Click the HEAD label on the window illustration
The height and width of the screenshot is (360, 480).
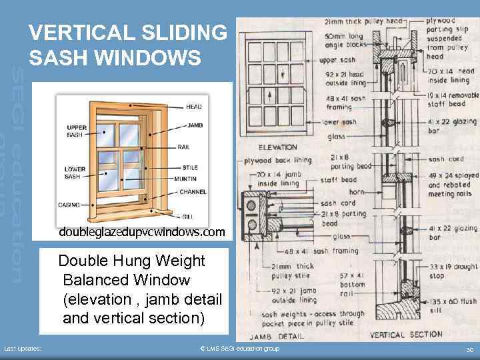coord(194,107)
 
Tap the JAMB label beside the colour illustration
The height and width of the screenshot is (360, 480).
coord(195,125)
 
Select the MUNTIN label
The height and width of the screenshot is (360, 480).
coord(186,179)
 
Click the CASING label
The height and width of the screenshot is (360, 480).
coord(69,205)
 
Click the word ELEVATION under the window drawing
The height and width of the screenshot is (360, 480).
coord(278,148)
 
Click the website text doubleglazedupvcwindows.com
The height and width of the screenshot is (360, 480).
coord(142,233)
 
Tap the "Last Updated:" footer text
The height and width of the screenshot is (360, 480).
coord(23,349)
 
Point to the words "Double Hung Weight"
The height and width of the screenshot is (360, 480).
coord(131,261)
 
